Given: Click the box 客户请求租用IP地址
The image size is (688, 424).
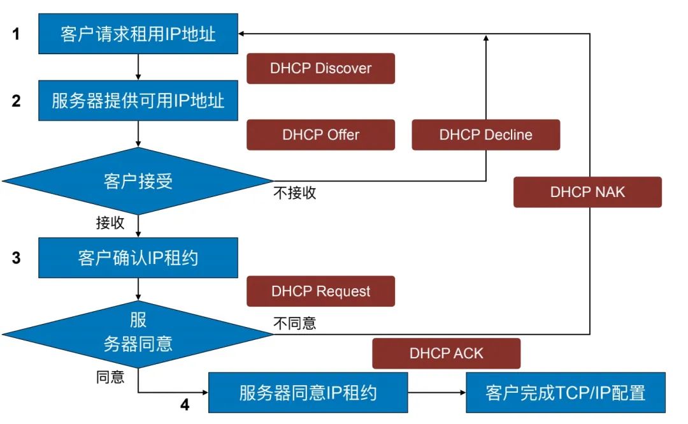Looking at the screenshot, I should pyautogui.click(x=138, y=34).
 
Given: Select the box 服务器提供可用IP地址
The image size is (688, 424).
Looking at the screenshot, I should pyautogui.click(x=138, y=101).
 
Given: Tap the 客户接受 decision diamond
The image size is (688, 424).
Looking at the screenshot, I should pyautogui.click(x=138, y=181).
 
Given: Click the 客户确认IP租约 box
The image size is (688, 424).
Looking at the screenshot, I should pyautogui.click(x=138, y=258).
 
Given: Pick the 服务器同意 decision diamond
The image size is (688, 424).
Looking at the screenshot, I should pyautogui.click(x=138, y=333).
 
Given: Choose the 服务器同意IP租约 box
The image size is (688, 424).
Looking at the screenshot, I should pyautogui.click(x=308, y=392).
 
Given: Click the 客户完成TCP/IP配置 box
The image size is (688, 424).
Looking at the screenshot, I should pyautogui.click(x=566, y=392).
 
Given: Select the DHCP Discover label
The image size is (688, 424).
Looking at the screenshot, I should pyautogui.click(x=320, y=68).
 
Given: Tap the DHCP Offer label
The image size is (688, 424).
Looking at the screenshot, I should pyautogui.click(x=320, y=135).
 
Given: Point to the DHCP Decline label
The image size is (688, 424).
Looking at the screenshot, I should pyautogui.click(x=485, y=135).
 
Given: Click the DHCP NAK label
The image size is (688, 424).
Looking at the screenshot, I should pyautogui.click(x=587, y=192).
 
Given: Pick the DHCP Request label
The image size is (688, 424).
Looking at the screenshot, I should pyautogui.click(x=320, y=291).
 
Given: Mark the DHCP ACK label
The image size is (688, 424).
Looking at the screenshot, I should pyautogui.click(x=446, y=353).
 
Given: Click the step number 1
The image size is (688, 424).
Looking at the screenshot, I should pyautogui.click(x=17, y=34).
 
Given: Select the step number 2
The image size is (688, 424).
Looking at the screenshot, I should pyautogui.click(x=17, y=101).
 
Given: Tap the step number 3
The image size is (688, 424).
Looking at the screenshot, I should pyautogui.click(x=17, y=258).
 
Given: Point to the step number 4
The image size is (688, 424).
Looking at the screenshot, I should pyautogui.click(x=185, y=405).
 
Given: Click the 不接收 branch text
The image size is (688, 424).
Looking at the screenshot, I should pyautogui.click(x=295, y=193).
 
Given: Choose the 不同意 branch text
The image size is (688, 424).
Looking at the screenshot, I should pyautogui.click(x=295, y=323).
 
